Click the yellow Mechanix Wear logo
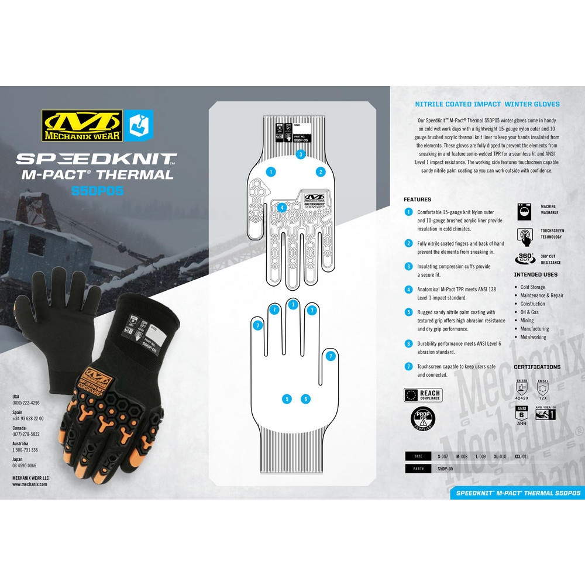pyautogui.click(x=81, y=126)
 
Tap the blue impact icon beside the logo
pyautogui.click(x=138, y=125)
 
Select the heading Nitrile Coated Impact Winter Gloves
pyautogui.click(x=487, y=104)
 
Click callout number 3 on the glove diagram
pyautogui.click(x=300, y=154)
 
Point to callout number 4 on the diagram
pyautogui.click(x=281, y=207)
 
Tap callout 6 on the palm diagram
pyautogui.click(x=305, y=399)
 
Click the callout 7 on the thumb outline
pyautogui.click(x=331, y=356)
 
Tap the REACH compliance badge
pyautogui.click(x=423, y=395)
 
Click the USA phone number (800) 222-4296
pyautogui.click(x=26, y=403)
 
